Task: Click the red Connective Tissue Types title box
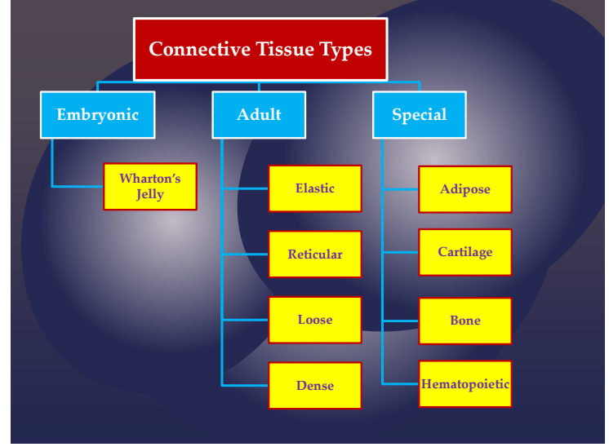[260, 49]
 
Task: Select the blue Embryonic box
[97, 115]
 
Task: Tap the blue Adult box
[259, 115]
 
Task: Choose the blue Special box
[420, 115]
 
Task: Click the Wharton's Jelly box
[150, 187]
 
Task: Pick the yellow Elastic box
[315, 188]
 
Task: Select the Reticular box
[315, 254]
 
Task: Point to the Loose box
[315, 320]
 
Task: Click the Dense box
[315, 386]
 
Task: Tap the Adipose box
[465, 189]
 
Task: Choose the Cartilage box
[465, 252]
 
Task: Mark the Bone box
[465, 321]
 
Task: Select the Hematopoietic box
[465, 384]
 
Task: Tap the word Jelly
[150, 195]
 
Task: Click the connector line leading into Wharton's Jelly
[78, 187]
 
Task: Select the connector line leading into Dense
[245, 385]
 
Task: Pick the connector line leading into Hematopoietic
[400, 383]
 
